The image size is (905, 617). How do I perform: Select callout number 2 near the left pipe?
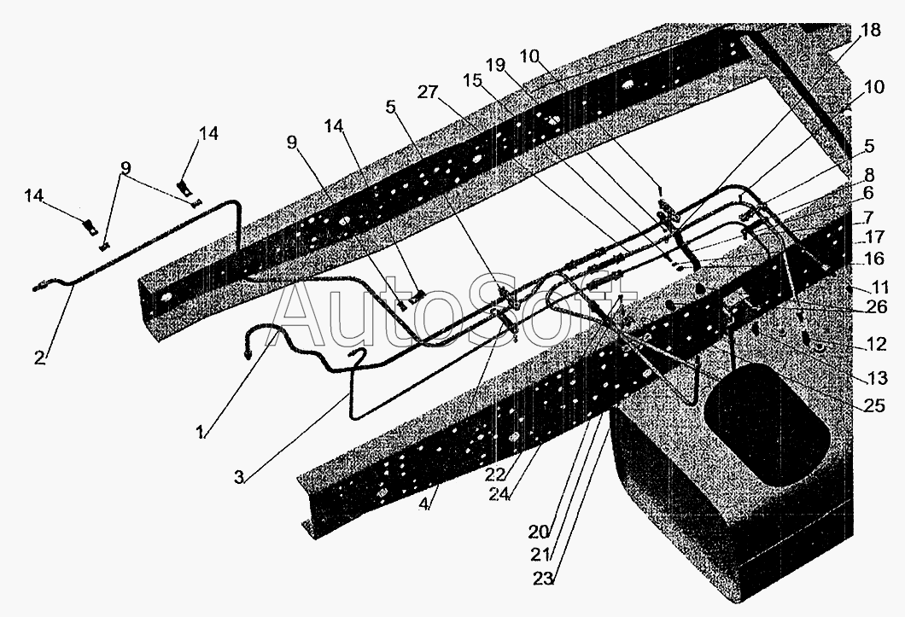(39, 357)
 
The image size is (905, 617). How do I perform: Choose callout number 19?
(496, 65)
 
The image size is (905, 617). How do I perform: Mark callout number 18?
(870, 30)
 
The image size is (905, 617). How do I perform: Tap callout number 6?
(868, 195)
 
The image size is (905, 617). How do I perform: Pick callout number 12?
(877, 345)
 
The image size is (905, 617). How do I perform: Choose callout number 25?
(873, 406)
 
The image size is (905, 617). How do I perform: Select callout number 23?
(544, 579)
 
